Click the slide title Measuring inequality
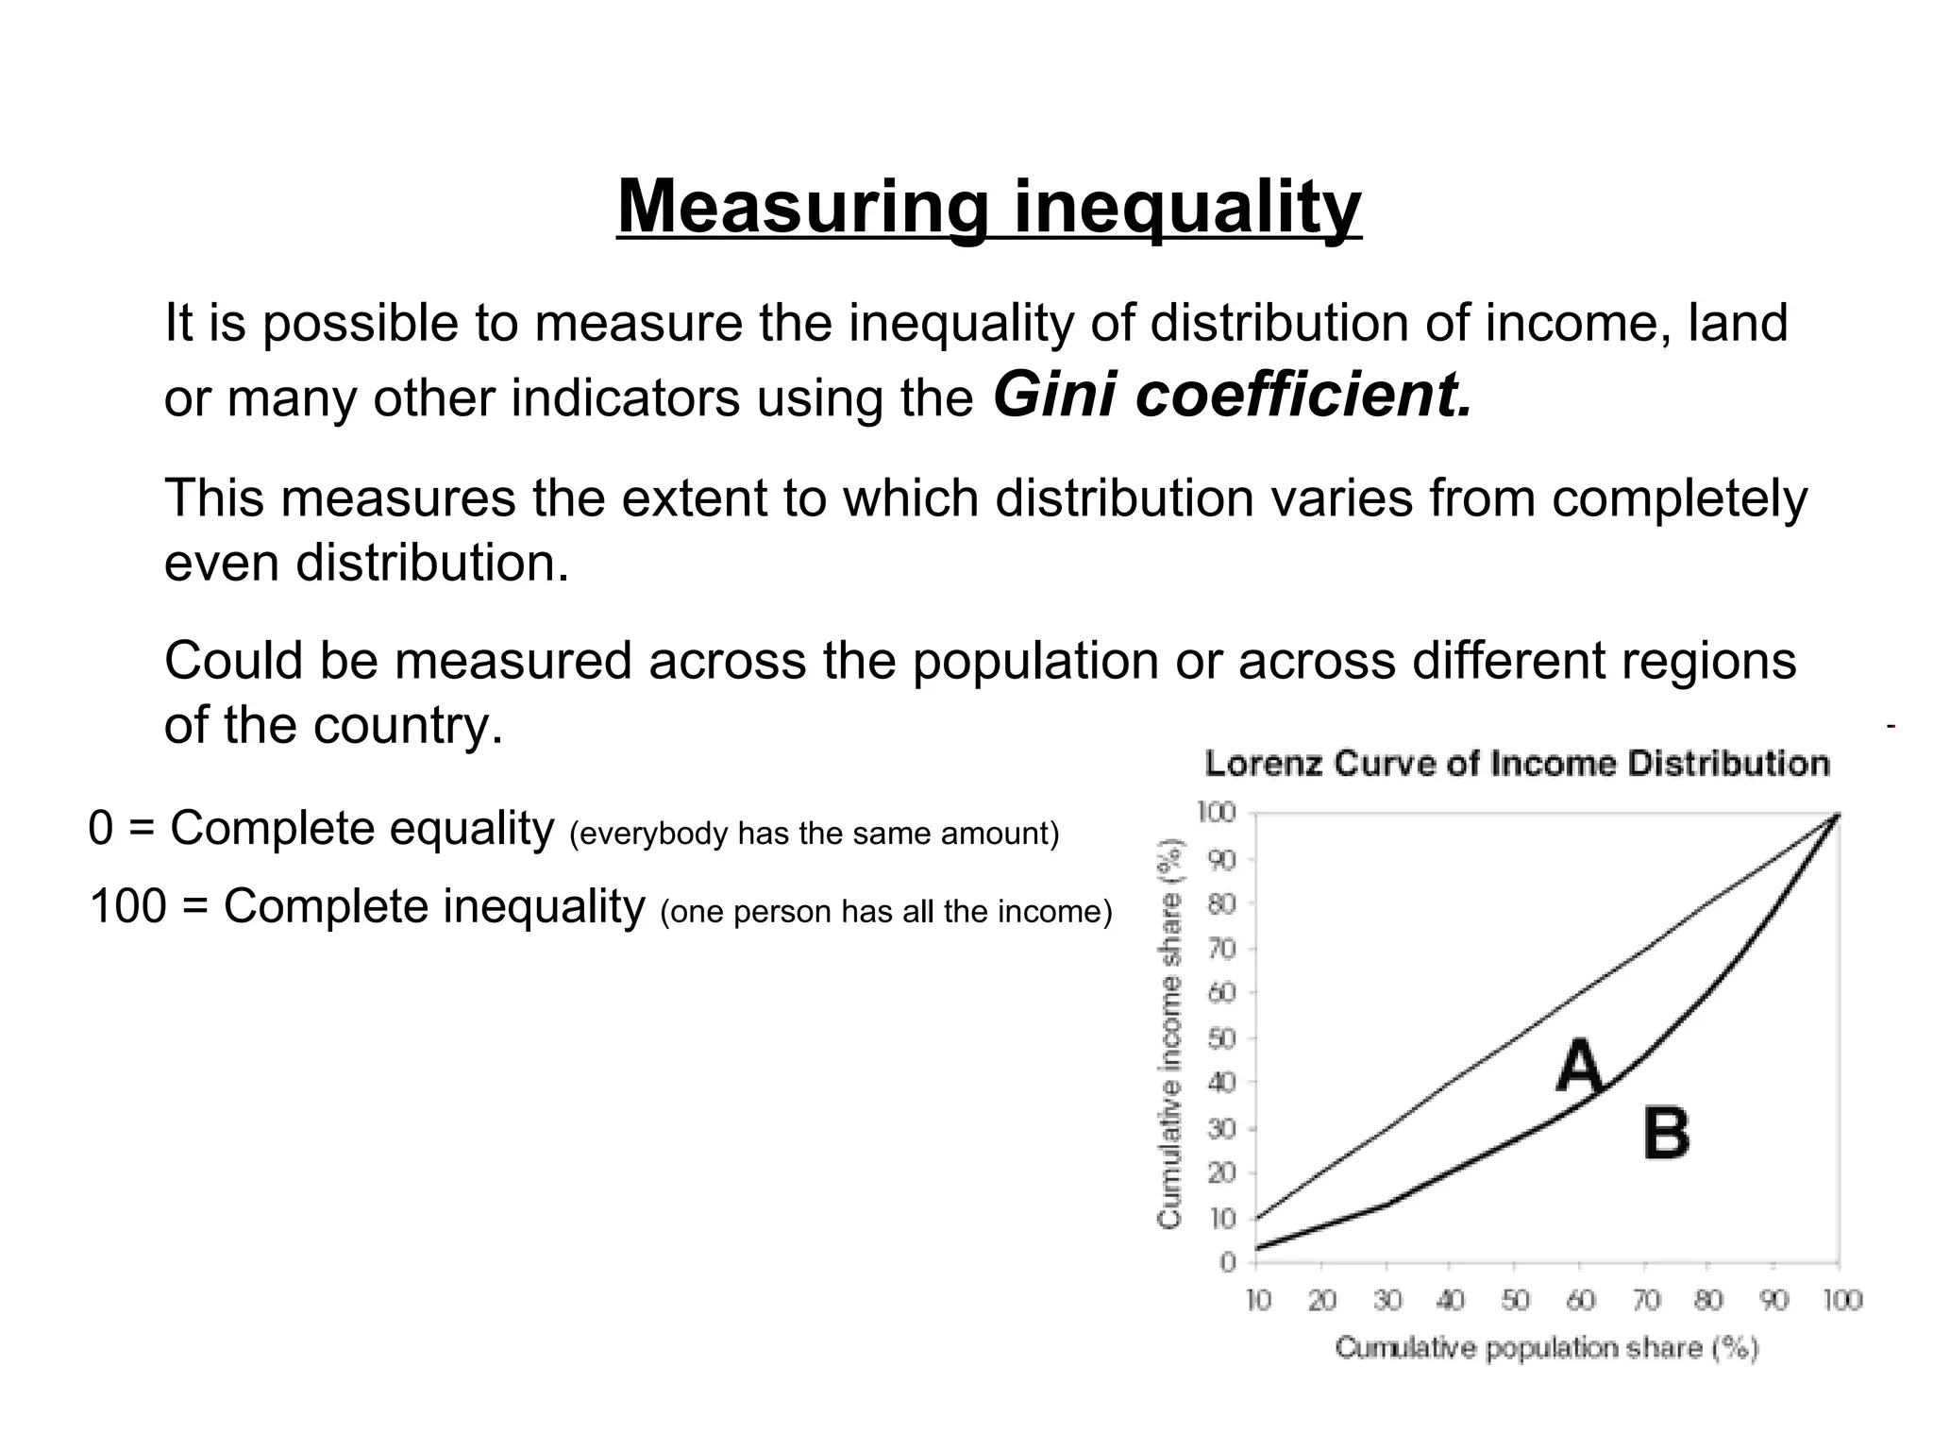coord(988,208)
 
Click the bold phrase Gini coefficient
coord(1232,395)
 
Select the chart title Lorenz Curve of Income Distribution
coord(1517,763)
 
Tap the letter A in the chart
coord(1580,1066)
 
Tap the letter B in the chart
coord(1666,1134)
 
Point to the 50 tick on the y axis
coord(1222,1039)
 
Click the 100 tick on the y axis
coord(1217,813)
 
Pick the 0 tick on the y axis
coord(1228,1263)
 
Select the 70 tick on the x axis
coord(1645,1301)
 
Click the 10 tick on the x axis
coord(1258,1301)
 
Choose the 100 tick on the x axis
coord(1841,1301)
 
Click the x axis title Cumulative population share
coord(1547,1348)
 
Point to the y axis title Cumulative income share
coord(1170,1034)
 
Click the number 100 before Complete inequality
coord(126,907)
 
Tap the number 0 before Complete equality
coord(100,829)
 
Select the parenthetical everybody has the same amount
coord(815,834)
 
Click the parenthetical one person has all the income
coord(886,912)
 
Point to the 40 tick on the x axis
coord(1451,1301)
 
